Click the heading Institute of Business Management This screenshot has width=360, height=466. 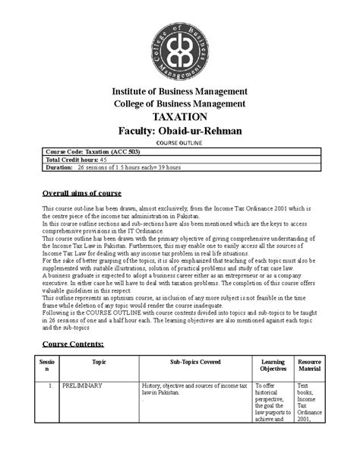pyautogui.click(x=179, y=92)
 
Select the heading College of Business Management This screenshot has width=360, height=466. pyautogui.click(x=179, y=104)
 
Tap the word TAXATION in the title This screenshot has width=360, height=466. pyautogui.click(x=179, y=117)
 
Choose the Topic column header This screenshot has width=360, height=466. pyautogui.click(x=99, y=362)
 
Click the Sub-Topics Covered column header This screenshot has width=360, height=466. pyautogui.click(x=195, y=362)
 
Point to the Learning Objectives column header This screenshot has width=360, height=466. pyautogui.click(x=273, y=366)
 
